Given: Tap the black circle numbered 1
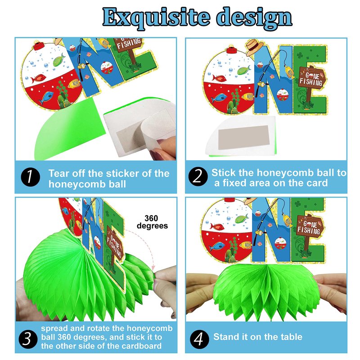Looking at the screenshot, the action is (30, 177).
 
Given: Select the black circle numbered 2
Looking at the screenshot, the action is (198, 176).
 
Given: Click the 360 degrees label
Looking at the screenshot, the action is (152, 222).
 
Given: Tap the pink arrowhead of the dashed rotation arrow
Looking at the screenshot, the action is (153, 268).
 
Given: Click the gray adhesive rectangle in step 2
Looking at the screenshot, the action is (243, 137).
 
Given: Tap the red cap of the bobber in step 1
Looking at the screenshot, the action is (39, 46).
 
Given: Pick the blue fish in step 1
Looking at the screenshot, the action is (46, 97).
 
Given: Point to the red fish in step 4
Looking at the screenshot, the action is (217, 227).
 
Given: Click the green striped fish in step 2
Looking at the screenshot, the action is (244, 70).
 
